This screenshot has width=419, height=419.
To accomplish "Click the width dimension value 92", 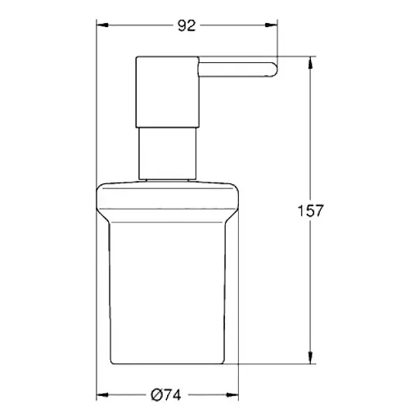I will (x=187, y=25).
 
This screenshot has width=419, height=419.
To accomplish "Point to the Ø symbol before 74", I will (x=155, y=395).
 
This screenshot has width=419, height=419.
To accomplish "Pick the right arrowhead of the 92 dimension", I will (x=275, y=25).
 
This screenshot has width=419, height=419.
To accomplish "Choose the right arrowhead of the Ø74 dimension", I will (x=236, y=395).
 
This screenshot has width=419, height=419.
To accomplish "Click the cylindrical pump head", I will (x=167, y=91).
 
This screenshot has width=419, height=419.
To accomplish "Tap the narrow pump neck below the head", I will (x=167, y=151).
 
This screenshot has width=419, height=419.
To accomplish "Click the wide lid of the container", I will (x=169, y=196).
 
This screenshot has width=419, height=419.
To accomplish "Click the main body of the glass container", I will (x=169, y=295).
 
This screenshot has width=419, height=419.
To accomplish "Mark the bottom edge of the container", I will (x=169, y=361).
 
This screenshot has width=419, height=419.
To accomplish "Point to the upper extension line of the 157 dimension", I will (x=295, y=56).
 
